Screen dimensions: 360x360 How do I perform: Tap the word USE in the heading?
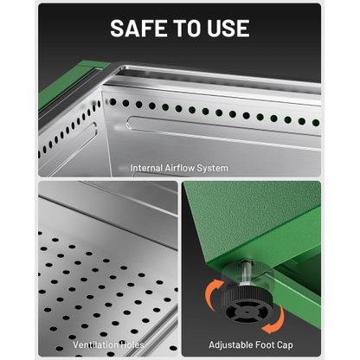coord(228,29)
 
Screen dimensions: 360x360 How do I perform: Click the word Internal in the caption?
coord(146,168)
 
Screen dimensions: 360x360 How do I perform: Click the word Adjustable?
coord(229,345)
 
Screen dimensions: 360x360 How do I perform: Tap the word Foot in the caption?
coord(263,344)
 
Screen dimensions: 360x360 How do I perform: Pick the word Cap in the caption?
coord(285,345)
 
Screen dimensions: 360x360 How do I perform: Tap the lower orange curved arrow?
coord(276,321)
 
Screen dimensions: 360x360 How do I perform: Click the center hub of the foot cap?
coord(247,312)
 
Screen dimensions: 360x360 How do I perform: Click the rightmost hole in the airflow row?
coord(316,123)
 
